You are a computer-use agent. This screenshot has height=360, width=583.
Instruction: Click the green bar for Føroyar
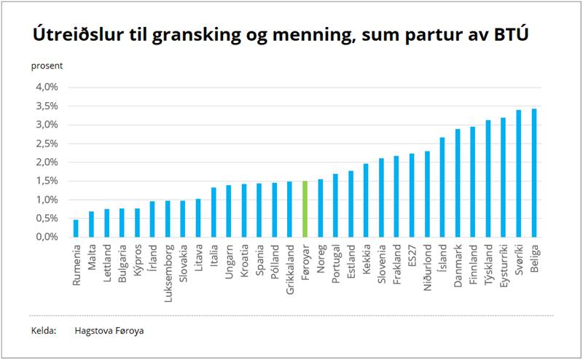point(305,209)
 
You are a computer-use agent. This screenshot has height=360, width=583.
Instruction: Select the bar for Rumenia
point(76,228)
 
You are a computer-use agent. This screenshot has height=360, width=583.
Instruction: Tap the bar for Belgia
point(534,173)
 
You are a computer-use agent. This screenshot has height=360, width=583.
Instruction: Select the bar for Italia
point(214,212)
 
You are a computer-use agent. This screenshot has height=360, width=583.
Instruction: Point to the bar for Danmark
point(458,183)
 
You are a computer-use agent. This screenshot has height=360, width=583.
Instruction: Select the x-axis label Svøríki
point(519,261)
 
